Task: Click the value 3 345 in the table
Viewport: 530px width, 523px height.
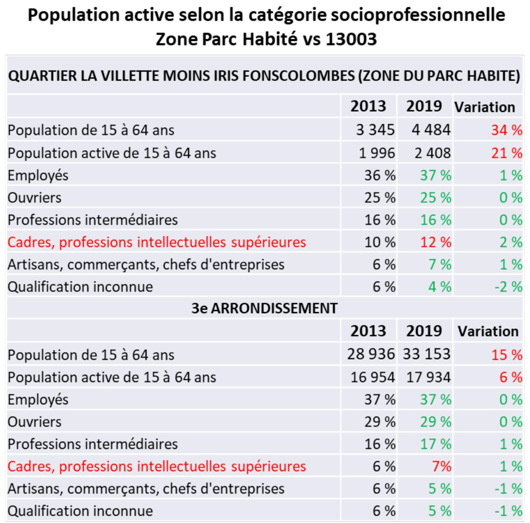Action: [x=375, y=130]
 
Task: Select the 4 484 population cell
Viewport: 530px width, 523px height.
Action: [x=431, y=130]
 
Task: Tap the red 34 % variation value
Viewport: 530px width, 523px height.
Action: [x=507, y=130]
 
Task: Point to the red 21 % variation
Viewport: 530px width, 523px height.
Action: [x=507, y=153]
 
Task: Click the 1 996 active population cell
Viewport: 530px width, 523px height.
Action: [x=377, y=153]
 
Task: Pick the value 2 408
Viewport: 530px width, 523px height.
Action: [x=433, y=153]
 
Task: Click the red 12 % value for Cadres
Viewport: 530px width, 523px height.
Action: [x=436, y=242]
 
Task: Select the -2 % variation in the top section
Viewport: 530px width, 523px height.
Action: [x=508, y=287]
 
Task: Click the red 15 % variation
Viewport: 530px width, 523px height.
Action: [x=507, y=355]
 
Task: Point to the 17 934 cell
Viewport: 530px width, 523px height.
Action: [x=428, y=377]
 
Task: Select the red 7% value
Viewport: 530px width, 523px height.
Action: [x=442, y=466]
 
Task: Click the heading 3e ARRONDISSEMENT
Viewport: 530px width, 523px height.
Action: [x=264, y=308]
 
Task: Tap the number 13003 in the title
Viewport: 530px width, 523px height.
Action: [x=351, y=39]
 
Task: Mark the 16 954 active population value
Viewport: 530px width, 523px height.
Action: [x=373, y=377]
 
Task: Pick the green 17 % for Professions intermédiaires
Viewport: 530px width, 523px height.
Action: [x=436, y=444]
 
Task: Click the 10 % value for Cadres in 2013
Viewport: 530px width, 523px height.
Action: [x=380, y=242]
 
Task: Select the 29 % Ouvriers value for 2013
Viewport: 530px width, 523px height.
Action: [x=380, y=422]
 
